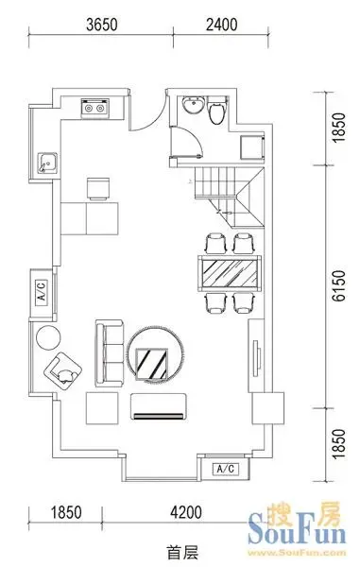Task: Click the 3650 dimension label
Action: pos(102,25)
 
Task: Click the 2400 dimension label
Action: pos(221,25)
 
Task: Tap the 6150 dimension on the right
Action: pos(339,285)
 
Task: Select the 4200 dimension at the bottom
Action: pos(186,512)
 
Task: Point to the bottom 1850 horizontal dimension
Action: pos(66,512)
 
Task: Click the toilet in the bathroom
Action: pos(217,110)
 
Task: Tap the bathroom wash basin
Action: pos(193,105)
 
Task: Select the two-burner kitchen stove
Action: pos(95,108)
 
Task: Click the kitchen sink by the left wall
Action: pos(47,163)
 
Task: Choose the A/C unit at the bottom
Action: pos(226,469)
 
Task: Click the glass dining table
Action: pos(230,273)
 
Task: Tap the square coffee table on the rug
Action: pos(152,364)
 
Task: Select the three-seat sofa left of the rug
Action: pos(110,353)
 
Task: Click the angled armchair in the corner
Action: pos(63,371)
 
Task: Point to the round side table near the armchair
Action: pos(48,337)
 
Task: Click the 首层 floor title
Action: pos(182,554)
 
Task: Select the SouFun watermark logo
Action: pos(297,528)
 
